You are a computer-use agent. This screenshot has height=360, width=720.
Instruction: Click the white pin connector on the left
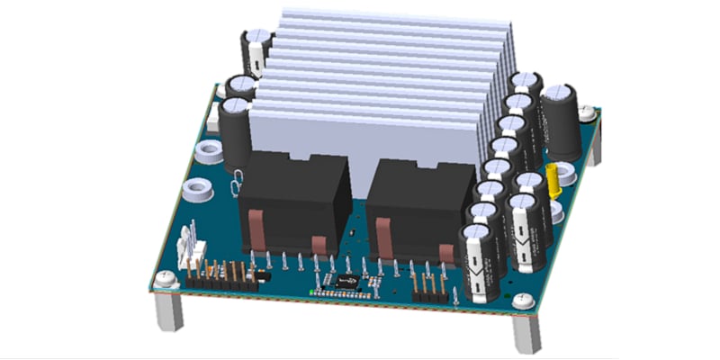coord(191,247)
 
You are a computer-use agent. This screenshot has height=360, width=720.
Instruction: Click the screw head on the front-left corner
coord(164,280)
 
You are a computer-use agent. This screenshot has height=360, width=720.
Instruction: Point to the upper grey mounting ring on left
coord(208,150)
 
